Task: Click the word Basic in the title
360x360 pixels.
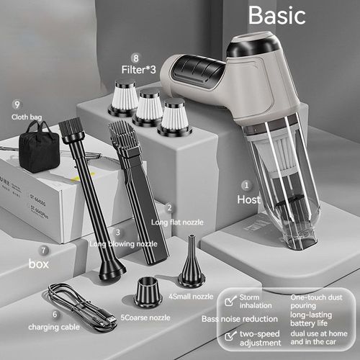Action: tap(276, 16)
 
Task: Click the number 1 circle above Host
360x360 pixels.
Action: tap(246, 184)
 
